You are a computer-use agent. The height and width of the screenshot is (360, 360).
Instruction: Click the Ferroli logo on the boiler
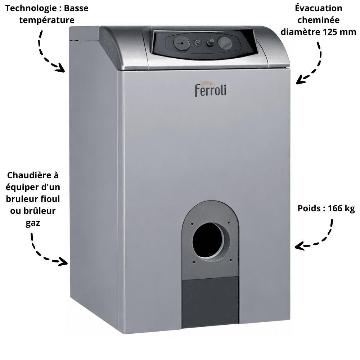(211, 89)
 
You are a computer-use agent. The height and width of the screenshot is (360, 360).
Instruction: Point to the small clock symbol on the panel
(197, 43)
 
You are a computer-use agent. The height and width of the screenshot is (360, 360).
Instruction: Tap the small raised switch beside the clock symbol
(210, 42)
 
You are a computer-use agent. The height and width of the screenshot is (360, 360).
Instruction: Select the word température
(47, 20)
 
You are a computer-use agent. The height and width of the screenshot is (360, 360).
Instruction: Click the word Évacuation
(319, 8)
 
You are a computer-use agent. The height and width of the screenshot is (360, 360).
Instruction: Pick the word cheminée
(319, 20)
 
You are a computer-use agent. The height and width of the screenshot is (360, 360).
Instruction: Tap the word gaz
(33, 223)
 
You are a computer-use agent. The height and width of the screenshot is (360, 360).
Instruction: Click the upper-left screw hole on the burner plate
(192, 224)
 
